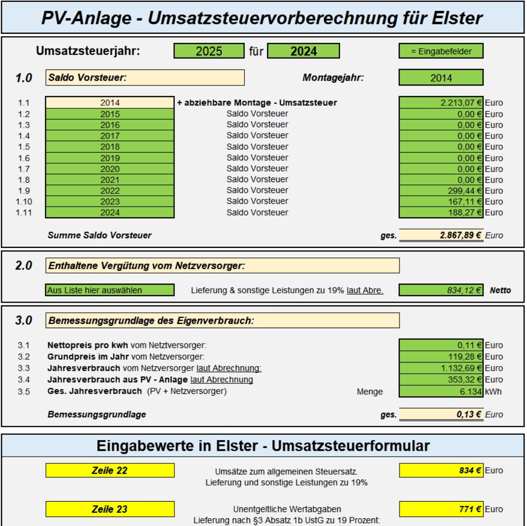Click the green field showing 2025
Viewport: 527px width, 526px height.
click(209, 51)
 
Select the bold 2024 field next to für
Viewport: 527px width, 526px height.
click(303, 51)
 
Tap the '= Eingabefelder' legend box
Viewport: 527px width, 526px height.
click(441, 51)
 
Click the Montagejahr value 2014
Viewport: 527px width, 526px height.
click(441, 78)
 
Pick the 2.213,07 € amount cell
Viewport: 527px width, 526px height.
click(441, 103)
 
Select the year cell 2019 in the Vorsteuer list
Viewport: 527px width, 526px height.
click(110, 158)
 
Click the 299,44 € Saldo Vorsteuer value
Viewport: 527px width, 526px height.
click(441, 191)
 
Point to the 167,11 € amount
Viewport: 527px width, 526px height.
click(441, 201)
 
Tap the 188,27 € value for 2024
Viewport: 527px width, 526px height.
click(441, 212)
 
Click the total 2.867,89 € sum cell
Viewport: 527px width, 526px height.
click(441, 235)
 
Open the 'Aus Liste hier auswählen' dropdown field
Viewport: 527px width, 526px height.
click(110, 290)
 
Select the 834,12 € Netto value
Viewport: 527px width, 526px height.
click(441, 290)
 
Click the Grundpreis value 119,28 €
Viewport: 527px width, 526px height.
click(441, 357)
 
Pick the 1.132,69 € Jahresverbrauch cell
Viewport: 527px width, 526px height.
click(441, 368)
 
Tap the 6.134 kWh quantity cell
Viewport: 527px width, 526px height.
click(441, 391)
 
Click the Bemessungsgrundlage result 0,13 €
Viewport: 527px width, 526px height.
click(441, 414)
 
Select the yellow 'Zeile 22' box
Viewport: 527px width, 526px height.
click(110, 470)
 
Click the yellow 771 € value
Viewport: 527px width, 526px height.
click(441, 509)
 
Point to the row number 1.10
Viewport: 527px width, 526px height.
click(24, 202)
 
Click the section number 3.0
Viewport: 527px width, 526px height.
click(23, 320)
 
